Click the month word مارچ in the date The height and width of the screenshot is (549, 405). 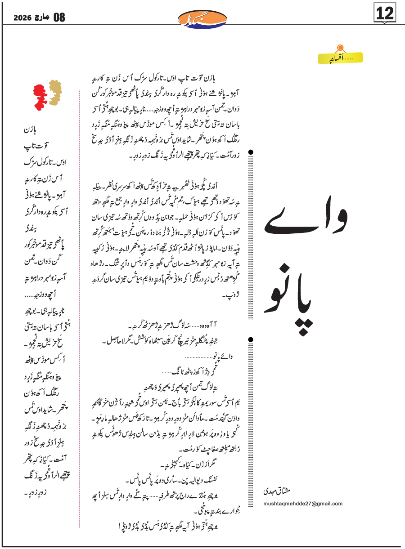point(41,18)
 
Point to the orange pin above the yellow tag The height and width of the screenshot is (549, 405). point(341,46)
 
